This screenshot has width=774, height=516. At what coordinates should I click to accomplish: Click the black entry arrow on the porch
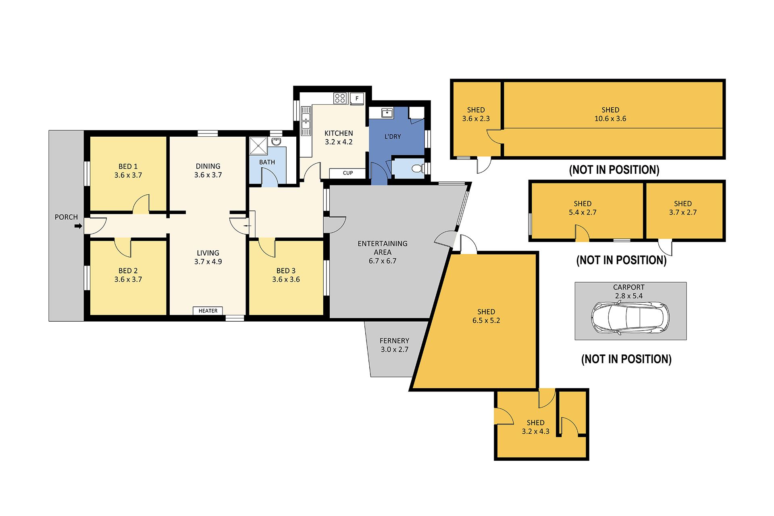tap(78, 226)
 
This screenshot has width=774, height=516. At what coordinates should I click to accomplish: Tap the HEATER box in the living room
tap(208, 311)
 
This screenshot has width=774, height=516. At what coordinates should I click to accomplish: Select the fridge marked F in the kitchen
tap(357, 98)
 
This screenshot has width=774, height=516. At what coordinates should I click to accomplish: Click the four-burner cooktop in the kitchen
tap(340, 98)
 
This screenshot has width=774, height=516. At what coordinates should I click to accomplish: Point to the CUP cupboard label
tap(347, 173)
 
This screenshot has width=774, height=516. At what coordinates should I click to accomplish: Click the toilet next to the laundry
tap(417, 169)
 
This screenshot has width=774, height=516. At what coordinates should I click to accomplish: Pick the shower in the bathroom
tap(258, 146)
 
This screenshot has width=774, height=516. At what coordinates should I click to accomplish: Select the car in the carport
tap(630, 318)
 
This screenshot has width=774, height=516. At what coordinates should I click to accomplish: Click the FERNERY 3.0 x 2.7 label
tap(394, 345)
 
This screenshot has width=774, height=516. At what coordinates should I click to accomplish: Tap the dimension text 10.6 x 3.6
tap(610, 119)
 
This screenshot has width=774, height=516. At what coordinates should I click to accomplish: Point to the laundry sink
tap(387, 112)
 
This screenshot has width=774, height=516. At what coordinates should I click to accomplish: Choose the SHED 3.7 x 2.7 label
tap(682, 208)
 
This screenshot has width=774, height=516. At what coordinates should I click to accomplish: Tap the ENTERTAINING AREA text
tap(382, 248)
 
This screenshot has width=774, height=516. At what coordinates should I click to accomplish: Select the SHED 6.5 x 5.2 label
tap(486, 316)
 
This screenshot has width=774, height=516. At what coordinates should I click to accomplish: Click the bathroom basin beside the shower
tap(277, 141)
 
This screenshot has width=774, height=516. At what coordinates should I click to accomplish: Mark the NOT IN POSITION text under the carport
tap(626, 359)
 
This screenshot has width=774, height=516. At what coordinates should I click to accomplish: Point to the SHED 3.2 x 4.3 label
tap(535, 427)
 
